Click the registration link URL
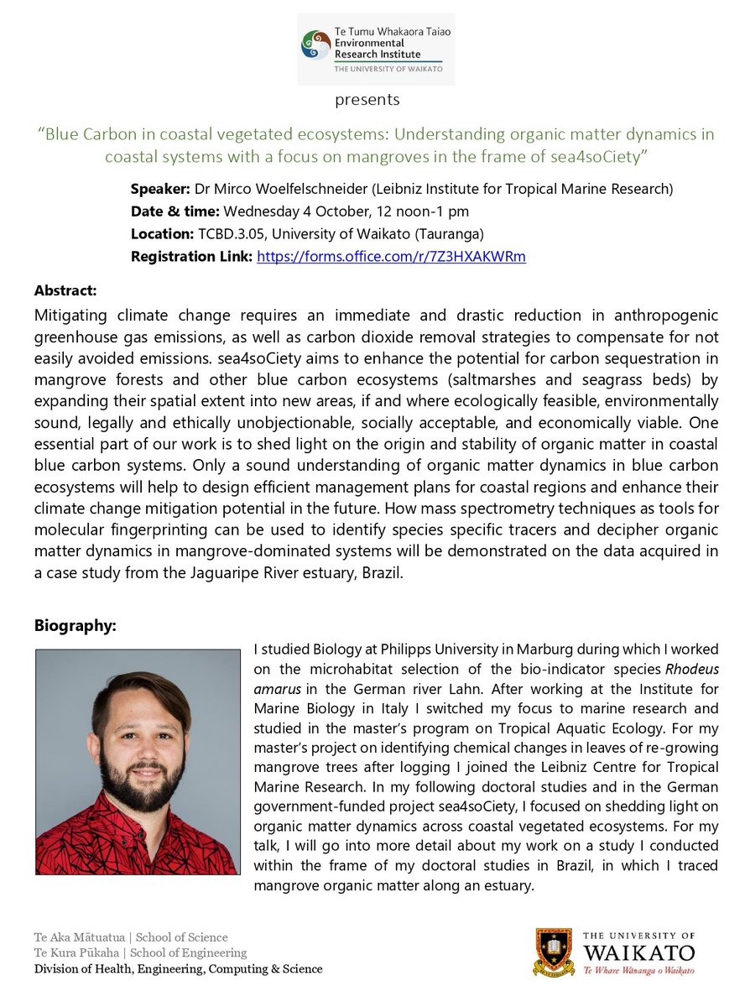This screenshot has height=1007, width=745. pyautogui.click(x=391, y=257)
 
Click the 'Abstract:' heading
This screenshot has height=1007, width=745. pyautogui.click(x=65, y=290)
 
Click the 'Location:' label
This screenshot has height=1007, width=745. pyautogui.click(x=160, y=234)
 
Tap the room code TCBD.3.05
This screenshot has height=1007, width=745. pyautogui.click(x=231, y=234)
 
